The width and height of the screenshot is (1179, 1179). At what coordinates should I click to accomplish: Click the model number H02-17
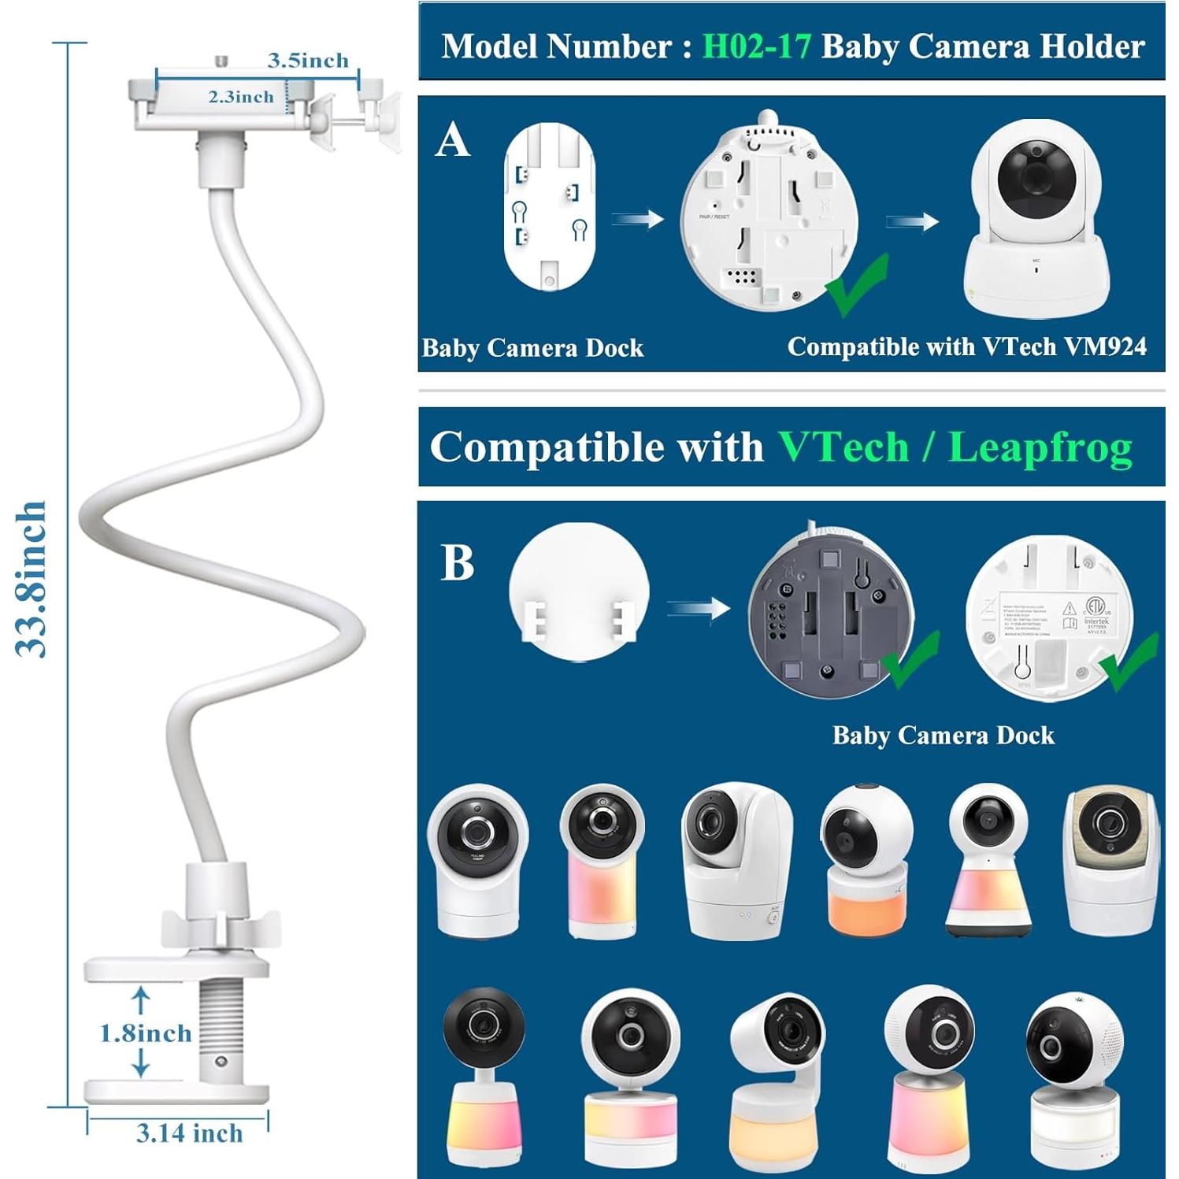click(756, 46)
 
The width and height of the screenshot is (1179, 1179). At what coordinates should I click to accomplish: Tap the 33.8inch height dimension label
click(33, 578)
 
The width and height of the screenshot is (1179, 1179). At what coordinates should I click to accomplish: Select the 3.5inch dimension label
click(308, 61)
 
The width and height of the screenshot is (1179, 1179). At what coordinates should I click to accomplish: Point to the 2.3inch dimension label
click(241, 97)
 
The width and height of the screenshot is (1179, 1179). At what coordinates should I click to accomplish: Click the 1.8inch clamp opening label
click(146, 1033)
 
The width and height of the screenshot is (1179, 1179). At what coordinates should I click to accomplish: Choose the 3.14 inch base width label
click(189, 1133)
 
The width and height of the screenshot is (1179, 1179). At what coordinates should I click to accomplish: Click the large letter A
click(453, 142)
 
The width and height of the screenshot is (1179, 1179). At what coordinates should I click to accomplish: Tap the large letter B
click(458, 563)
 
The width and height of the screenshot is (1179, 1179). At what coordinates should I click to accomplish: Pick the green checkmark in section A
click(858, 284)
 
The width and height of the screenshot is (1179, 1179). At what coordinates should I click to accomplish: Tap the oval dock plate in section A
click(550, 207)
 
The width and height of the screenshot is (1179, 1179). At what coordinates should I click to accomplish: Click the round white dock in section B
click(579, 591)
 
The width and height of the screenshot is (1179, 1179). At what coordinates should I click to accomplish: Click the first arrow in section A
click(638, 219)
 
